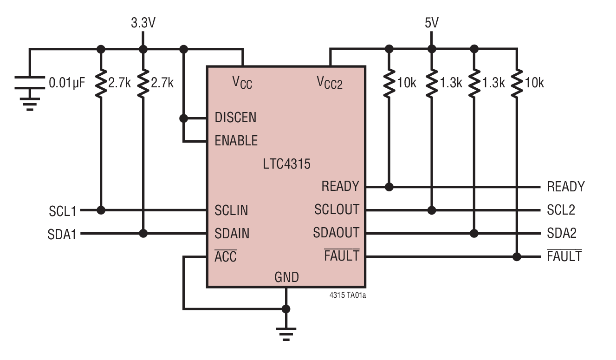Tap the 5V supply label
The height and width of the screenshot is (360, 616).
431,23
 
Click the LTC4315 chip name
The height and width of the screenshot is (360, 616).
286,164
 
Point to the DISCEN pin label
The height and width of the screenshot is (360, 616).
235,118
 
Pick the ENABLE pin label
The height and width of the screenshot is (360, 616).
236,140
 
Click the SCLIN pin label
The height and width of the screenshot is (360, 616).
231,210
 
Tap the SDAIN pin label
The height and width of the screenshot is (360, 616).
232,233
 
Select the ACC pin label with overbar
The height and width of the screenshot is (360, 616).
226,256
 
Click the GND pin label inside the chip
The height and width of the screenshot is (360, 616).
286,278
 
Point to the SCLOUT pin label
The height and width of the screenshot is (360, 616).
337,210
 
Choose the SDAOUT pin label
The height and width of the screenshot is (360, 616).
336,233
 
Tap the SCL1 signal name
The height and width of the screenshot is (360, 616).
62,211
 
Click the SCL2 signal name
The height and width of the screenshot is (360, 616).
561,210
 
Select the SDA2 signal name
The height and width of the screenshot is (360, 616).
561,233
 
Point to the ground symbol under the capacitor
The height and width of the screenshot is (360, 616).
30,104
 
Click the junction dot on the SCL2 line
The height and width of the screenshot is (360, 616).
432,210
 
